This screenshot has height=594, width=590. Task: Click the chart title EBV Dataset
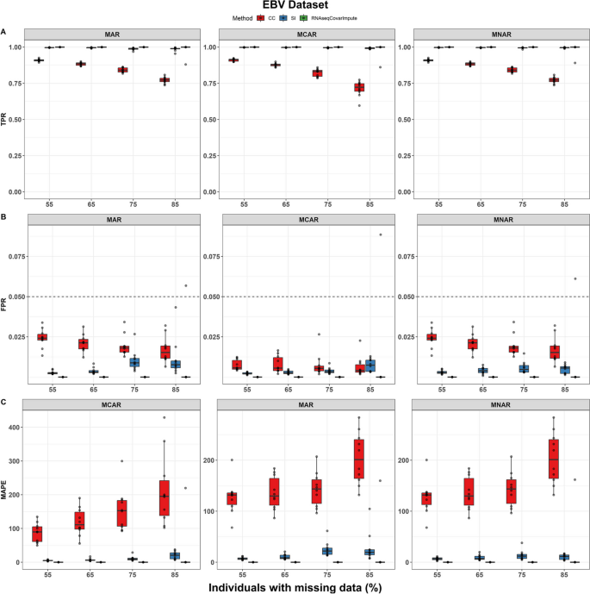(295, 6)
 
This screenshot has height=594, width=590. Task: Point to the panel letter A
(4, 32)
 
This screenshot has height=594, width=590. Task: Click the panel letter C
(4, 403)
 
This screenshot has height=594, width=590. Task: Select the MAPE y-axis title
(5, 491)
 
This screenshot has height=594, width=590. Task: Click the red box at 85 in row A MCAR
(360, 87)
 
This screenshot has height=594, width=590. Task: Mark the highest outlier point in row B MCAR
(380, 234)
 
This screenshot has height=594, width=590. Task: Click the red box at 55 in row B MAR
(42, 336)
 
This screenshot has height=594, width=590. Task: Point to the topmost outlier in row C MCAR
(164, 417)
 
